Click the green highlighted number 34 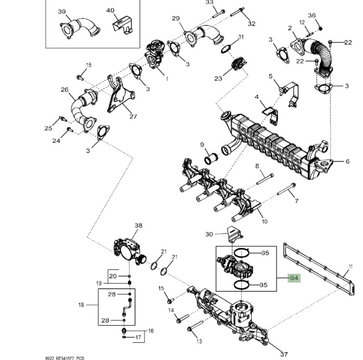click(294, 278)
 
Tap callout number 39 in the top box click(62, 12)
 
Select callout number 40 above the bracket click(110, 10)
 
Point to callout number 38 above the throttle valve click(138, 226)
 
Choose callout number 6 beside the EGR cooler click(347, 162)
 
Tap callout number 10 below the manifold click(264, 221)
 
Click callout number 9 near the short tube click(202, 144)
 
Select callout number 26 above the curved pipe click(65, 90)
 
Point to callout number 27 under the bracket click(133, 116)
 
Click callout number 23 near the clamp click(218, 78)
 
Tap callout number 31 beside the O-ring click(241, 37)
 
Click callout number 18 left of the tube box click(81, 305)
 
